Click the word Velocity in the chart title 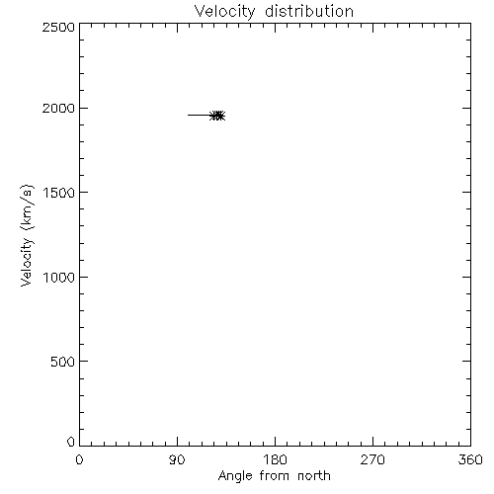coord(224,12)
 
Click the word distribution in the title coord(309,11)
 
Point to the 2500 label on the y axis coord(58,27)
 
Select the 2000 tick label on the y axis coord(58,108)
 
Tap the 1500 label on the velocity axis coord(59,193)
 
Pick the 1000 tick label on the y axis coord(59,278)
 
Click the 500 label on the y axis coord(63,362)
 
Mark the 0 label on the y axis coord(71,442)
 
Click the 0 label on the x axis coord(79,459)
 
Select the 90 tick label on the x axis coord(177,459)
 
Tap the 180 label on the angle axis coord(275,459)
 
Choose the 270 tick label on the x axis coord(372,459)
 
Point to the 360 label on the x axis coord(470,459)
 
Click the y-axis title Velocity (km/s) coord(27,235)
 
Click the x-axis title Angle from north coord(275,476)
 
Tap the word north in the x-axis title coord(314,476)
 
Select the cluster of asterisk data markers coord(217,116)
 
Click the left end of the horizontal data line coord(188,115)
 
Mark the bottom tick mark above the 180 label coord(275,442)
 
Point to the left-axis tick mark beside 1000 coord(84,277)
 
